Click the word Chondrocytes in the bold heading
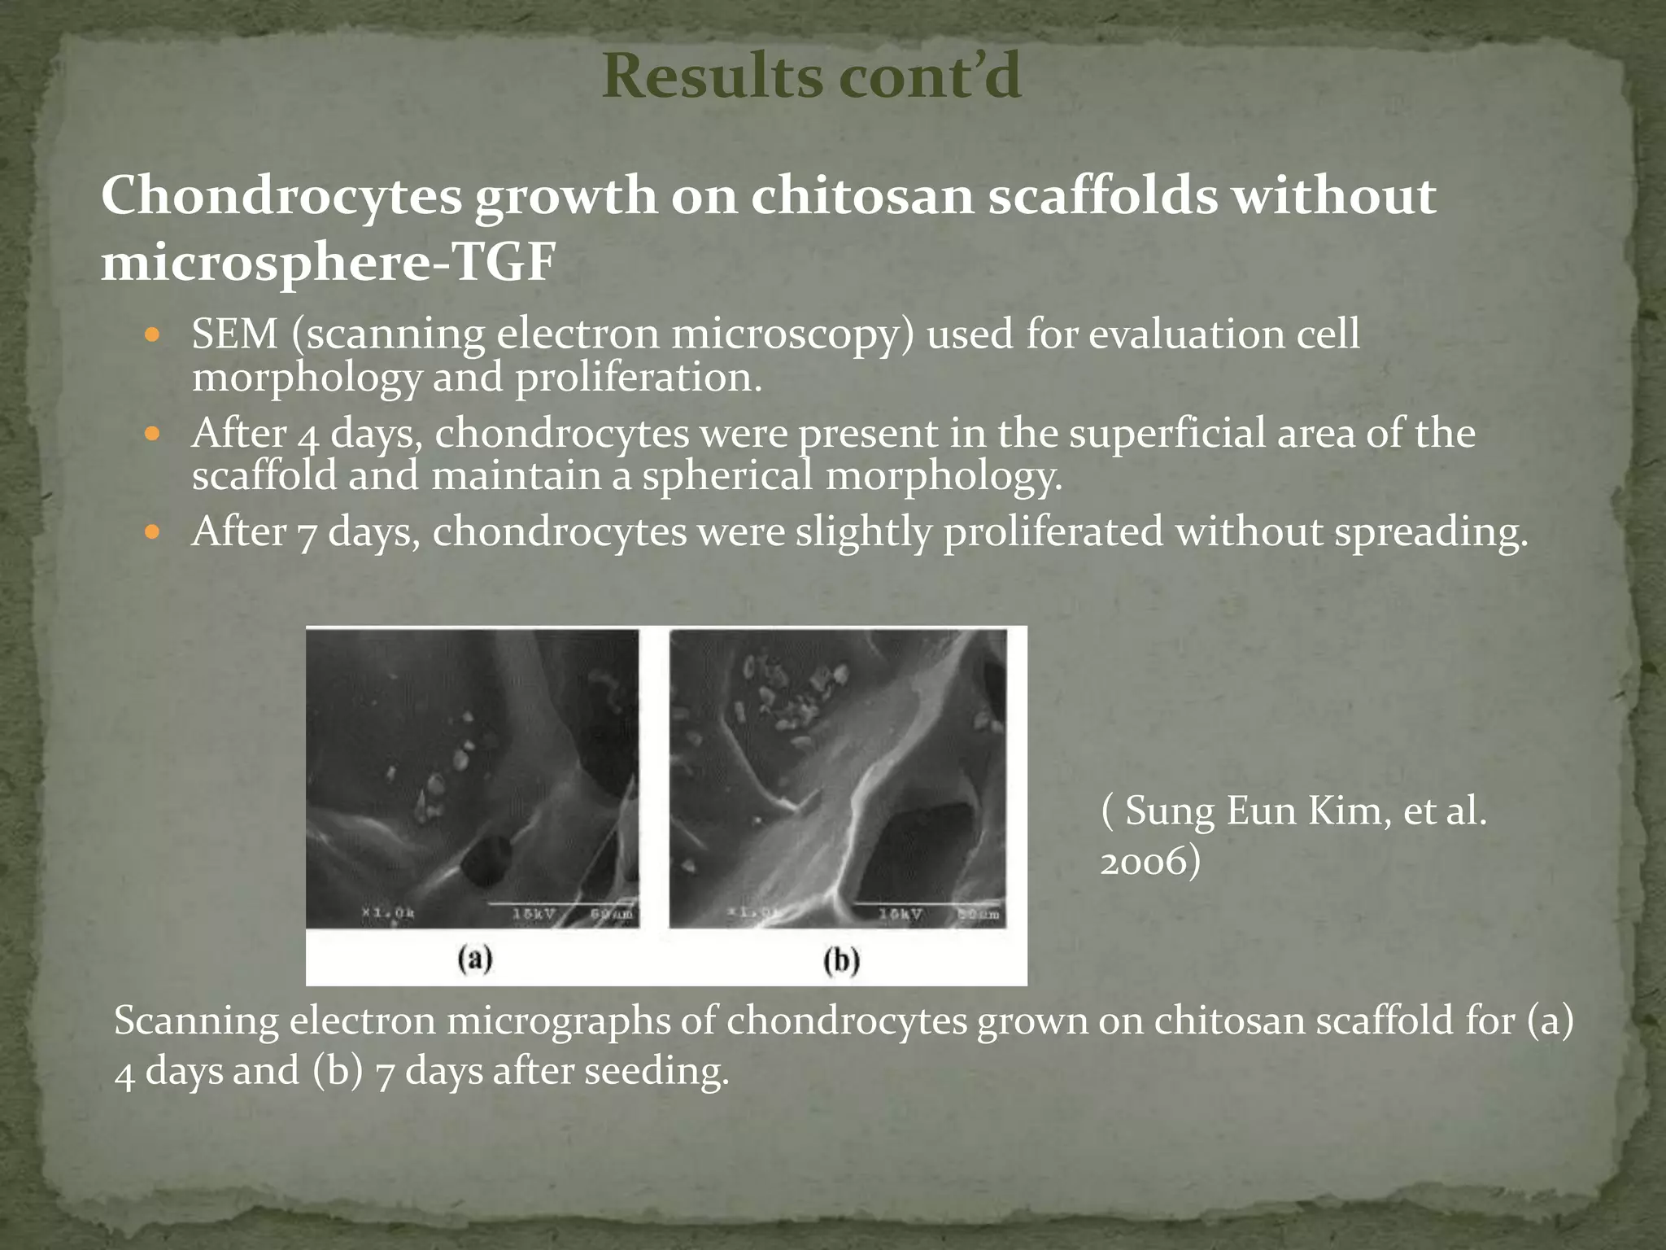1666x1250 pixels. (x=281, y=197)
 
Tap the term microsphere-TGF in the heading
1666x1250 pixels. (x=328, y=264)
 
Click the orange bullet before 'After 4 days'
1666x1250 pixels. (x=151, y=434)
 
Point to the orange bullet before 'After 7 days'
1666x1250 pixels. (x=151, y=533)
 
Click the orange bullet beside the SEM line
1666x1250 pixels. (x=151, y=334)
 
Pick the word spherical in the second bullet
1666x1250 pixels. (x=728, y=475)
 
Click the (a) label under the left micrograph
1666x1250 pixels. (x=474, y=959)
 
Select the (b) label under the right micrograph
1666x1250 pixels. (x=840, y=961)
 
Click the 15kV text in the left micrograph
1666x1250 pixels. (x=534, y=914)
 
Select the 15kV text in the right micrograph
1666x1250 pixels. (x=900, y=914)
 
